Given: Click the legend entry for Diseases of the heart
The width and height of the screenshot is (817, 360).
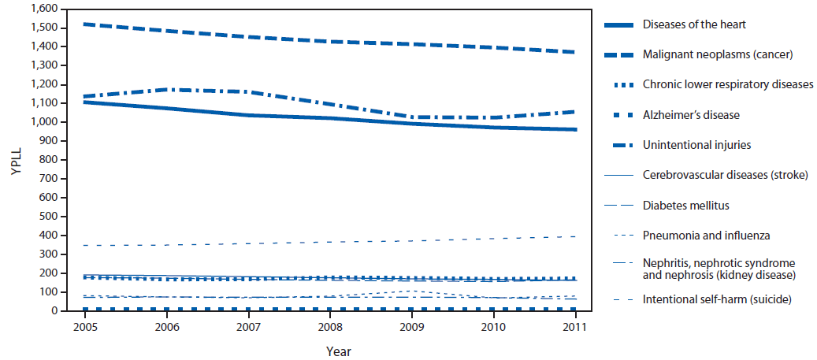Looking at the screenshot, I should pos(694,24).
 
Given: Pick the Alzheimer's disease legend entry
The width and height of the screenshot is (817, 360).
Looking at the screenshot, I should pos(691,115).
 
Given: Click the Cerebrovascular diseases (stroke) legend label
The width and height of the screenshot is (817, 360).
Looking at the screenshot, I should pos(725,176).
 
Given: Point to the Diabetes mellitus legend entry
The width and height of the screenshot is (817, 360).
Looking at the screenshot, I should pos(685,206).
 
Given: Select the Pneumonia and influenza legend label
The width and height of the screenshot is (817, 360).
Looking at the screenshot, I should pos(705,236).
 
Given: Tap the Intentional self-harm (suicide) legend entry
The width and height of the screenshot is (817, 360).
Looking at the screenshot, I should pos(716,299).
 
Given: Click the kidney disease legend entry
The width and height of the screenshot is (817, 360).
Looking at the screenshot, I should pos(719,269).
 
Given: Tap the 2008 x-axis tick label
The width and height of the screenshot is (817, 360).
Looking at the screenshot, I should pos(329,326).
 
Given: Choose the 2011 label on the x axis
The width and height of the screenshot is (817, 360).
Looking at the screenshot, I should pos(577,326).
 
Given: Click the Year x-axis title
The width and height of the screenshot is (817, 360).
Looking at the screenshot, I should pos(329,351).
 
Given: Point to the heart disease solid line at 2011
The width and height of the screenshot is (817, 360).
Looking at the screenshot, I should pos(576,129).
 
